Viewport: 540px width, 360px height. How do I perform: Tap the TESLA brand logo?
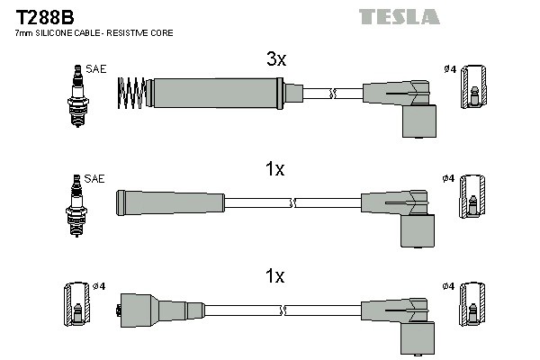coord(399,16)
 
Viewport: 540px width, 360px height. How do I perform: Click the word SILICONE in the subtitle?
coord(58,33)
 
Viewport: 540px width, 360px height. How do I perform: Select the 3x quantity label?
coord(275,60)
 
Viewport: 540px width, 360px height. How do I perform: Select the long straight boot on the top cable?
coord(216,91)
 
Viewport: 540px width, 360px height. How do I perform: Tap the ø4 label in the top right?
coord(450,68)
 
